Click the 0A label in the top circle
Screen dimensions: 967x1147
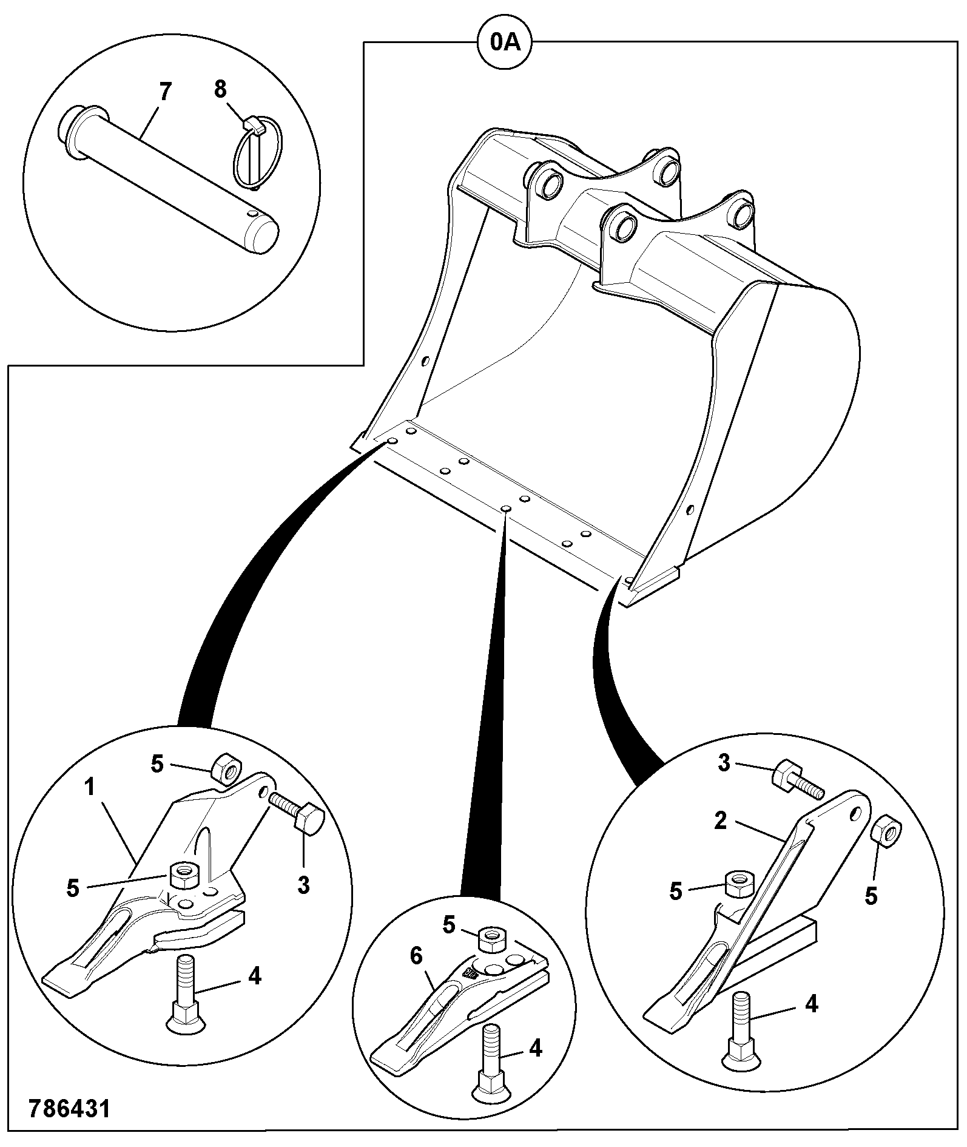[505, 42]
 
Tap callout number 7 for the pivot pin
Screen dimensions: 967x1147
[164, 92]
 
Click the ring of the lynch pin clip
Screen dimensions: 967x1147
[234, 152]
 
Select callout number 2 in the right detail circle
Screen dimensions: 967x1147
[720, 820]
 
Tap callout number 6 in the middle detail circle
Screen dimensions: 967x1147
[416, 956]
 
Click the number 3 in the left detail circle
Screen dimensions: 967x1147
[303, 885]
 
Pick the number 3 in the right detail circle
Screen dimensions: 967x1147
[724, 763]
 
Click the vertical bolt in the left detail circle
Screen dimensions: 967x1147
[184, 993]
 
